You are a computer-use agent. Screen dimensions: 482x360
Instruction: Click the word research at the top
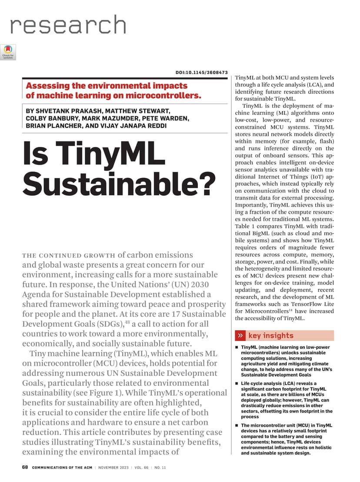point(68,26)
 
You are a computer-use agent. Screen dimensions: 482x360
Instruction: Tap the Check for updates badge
point(8,52)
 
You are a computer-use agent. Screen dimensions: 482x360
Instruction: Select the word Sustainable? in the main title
point(119,184)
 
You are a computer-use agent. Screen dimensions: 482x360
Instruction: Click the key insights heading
point(270,335)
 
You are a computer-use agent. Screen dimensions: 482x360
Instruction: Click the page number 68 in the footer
point(25,468)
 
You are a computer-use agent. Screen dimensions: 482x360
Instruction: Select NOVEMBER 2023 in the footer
point(113,468)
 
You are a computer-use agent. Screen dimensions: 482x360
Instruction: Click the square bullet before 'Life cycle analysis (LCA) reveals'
point(237,384)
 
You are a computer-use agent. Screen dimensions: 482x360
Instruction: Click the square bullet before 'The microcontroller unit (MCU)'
point(237,425)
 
